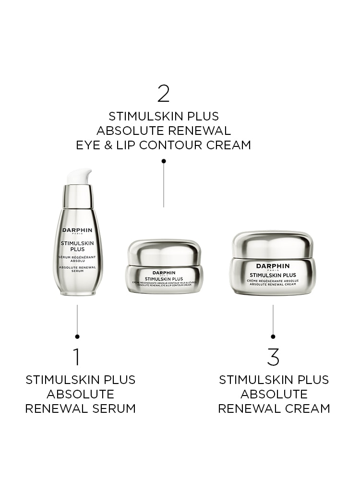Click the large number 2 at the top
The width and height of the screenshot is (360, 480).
(x=164, y=94)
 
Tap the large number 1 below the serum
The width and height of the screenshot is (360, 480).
(x=77, y=357)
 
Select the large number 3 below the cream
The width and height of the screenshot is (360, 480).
(x=273, y=357)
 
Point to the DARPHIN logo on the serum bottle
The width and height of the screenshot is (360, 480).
(x=78, y=230)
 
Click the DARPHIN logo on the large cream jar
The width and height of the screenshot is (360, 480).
(x=273, y=266)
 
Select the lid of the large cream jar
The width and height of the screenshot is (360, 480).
(x=273, y=243)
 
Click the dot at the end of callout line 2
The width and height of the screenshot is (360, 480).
(x=164, y=161)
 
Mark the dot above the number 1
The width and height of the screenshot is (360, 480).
(x=77, y=336)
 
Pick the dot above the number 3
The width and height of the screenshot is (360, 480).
(x=273, y=336)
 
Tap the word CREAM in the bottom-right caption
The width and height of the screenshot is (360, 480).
(x=307, y=408)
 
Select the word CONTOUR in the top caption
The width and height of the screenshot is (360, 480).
(x=174, y=145)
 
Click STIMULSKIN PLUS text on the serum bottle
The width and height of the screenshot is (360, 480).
(x=78, y=246)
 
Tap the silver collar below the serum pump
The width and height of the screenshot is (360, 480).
(x=78, y=197)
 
